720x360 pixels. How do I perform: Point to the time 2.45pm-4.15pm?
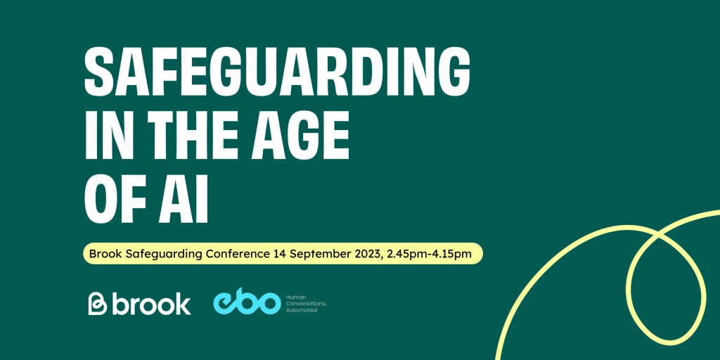coord(430,254)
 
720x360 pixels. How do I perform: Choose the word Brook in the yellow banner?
coord(103,253)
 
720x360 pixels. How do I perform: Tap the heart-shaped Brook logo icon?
coord(97,304)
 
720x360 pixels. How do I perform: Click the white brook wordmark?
coord(151,304)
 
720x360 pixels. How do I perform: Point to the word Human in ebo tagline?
coord(294,297)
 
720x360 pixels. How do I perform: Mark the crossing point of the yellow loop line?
coord(659,236)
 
